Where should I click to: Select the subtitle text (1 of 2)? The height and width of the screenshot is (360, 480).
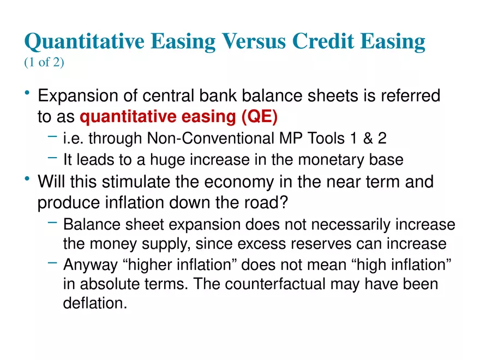click(x=44, y=63)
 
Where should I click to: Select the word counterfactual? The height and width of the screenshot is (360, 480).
click(x=304, y=284)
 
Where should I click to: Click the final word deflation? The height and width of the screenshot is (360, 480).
click(x=95, y=303)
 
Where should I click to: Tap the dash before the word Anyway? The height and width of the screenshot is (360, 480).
click(x=52, y=263)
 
